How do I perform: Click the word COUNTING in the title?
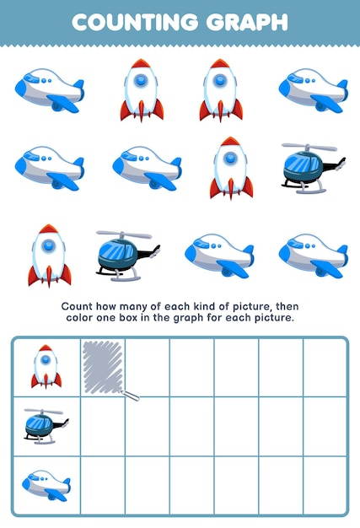coord(126,22)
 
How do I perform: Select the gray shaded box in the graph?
coord(103,367)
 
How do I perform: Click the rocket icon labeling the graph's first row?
coord(46,367)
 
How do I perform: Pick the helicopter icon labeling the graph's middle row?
coord(46,425)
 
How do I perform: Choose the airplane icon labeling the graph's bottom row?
coord(46,485)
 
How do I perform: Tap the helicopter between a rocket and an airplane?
coord(127,254)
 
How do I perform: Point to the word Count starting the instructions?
coord(78,306)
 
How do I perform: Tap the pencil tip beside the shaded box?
coord(137,396)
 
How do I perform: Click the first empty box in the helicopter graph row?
coord(103,426)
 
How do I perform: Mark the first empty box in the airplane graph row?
coord(103,485)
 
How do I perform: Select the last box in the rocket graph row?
coord(325,367)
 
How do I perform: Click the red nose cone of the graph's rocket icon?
coord(46,348)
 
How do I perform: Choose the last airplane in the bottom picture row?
coord(313,256)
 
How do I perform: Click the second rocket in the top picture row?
coord(221,89)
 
